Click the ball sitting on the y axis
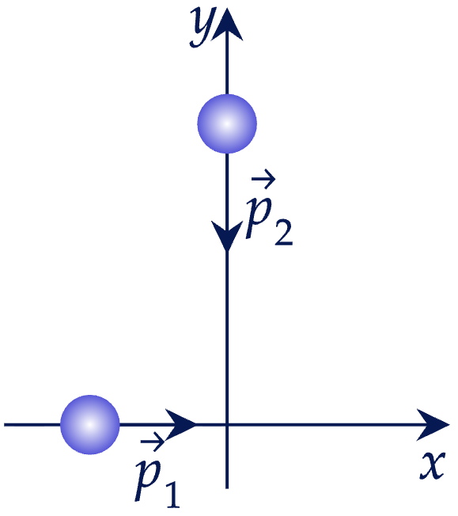227,123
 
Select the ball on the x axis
90,425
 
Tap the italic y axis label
203,27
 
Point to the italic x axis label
433,465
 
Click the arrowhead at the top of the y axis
227,25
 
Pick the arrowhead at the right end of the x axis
433,425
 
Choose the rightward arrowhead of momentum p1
180,425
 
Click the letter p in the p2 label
259,218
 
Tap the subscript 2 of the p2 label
284,233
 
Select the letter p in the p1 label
148,480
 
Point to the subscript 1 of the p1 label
172,495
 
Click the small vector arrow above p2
263,179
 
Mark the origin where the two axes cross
227,425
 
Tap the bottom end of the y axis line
227,488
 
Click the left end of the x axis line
4,425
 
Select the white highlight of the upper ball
227,123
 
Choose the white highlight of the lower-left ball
90,425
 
